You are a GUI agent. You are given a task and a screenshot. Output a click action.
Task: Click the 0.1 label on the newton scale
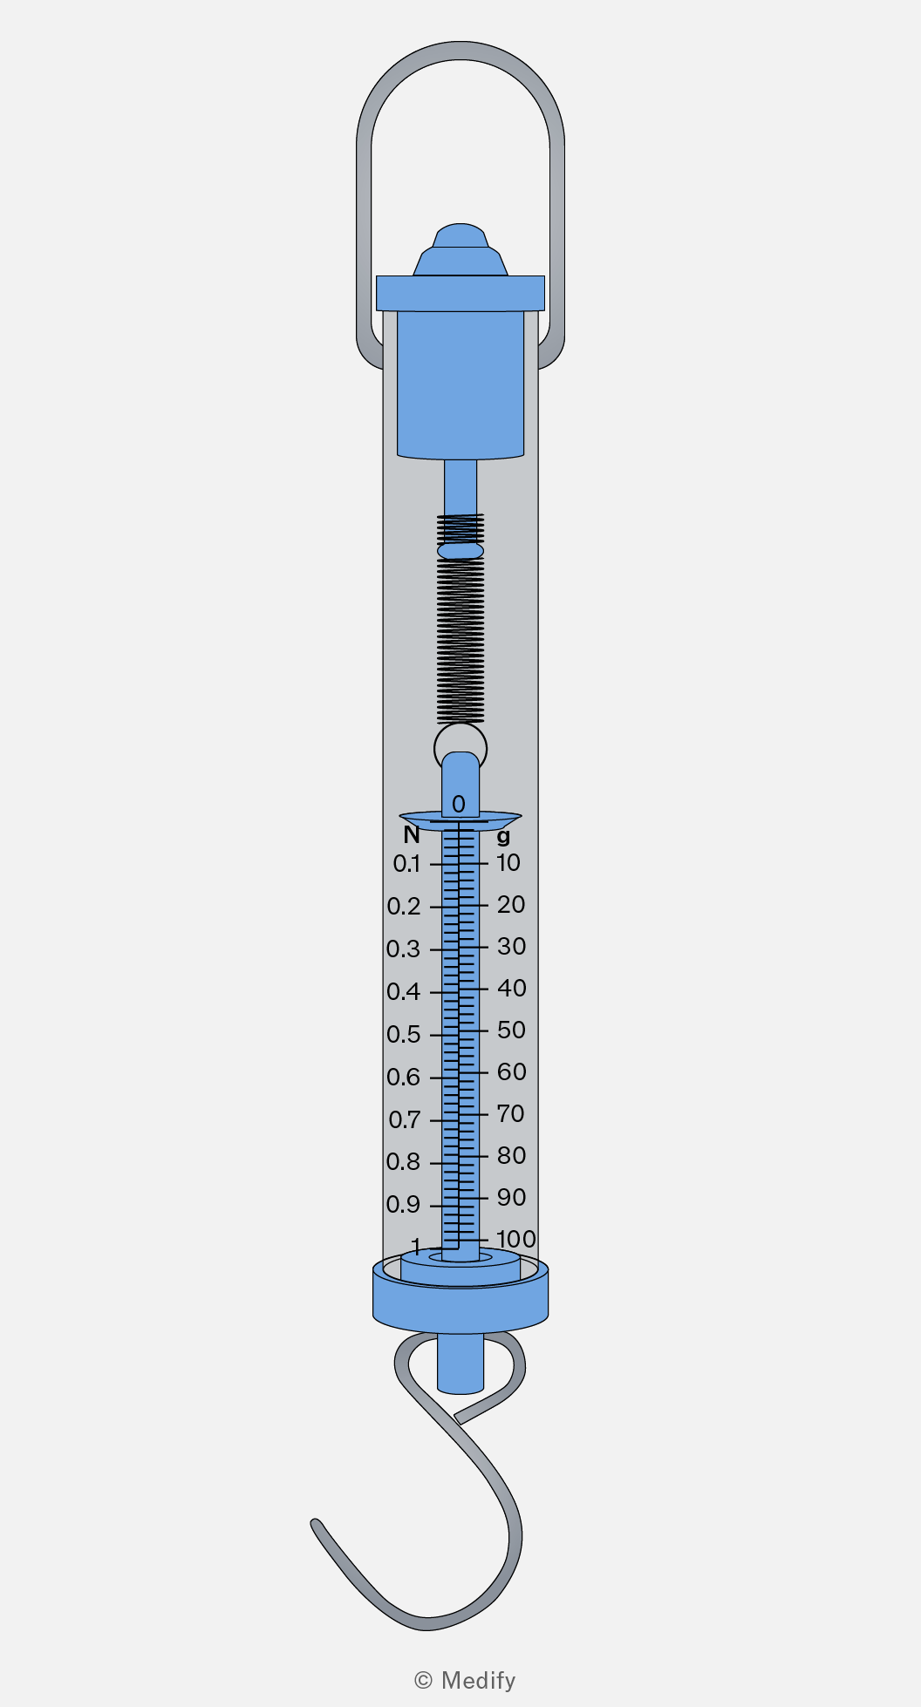click(x=406, y=864)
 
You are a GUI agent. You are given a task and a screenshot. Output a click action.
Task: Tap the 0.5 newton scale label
click(x=404, y=1035)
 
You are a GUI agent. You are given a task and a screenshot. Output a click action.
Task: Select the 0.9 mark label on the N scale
click(x=404, y=1205)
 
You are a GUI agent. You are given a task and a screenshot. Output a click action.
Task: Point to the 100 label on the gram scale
click(x=515, y=1239)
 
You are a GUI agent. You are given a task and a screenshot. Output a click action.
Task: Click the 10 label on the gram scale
click(x=508, y=863)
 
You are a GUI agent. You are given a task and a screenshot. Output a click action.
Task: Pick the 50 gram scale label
click(x=512, y=1030)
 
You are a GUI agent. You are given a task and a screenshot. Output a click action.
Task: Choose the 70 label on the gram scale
click(x=511, y=1114)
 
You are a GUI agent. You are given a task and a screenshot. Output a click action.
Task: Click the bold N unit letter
click(x=412, y=835)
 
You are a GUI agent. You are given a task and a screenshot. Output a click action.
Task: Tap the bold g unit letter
click(x=503, y=837)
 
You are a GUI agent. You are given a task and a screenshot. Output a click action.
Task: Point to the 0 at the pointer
click(x=459, y=804)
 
